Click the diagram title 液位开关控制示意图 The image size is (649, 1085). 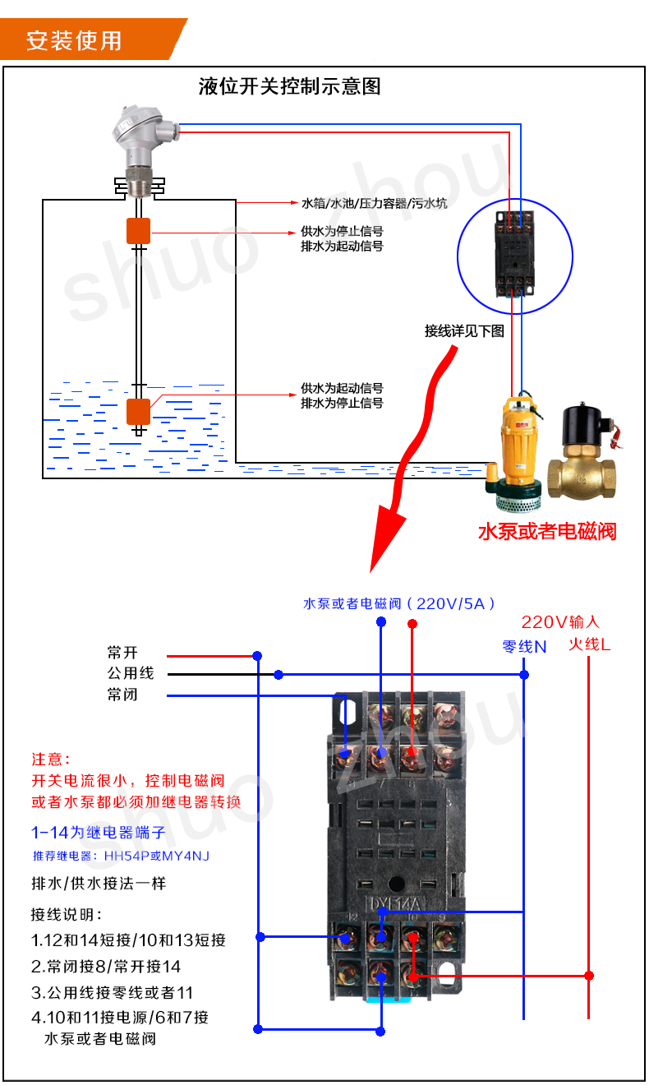290,86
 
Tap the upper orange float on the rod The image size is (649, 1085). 138,231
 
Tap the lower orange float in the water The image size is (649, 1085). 138,411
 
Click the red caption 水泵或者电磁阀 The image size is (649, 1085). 547,531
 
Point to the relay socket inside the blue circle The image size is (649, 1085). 514,255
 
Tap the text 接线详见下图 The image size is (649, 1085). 464,331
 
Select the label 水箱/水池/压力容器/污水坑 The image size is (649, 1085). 374,203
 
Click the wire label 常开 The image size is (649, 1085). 122,653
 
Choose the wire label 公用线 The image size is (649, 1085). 130,674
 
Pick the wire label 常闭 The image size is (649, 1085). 122,695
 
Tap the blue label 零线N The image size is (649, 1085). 524,646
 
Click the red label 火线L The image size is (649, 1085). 590,644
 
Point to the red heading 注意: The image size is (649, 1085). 51,759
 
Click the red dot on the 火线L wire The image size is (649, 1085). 589,976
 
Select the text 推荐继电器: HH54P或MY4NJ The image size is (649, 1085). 121,856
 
